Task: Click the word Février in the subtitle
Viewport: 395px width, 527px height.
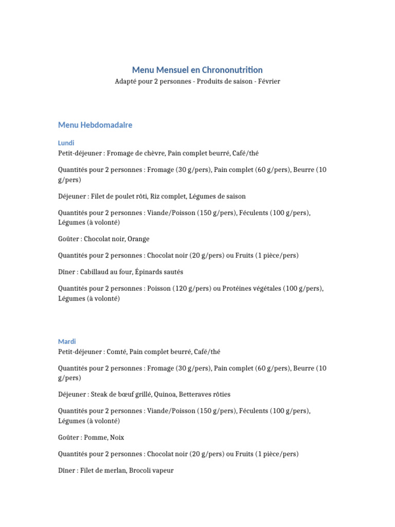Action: (269, 82)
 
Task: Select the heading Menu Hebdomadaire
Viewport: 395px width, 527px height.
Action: (95, 125)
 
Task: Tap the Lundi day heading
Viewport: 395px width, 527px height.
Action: (66, 143)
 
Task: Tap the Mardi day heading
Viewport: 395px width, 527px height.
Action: (67, 342)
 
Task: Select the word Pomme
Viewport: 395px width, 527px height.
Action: (95, 437)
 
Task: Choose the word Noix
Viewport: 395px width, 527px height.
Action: (117, 437)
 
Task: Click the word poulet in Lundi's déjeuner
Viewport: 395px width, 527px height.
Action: (122, 196)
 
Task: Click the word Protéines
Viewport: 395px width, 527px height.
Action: (237, 289)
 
